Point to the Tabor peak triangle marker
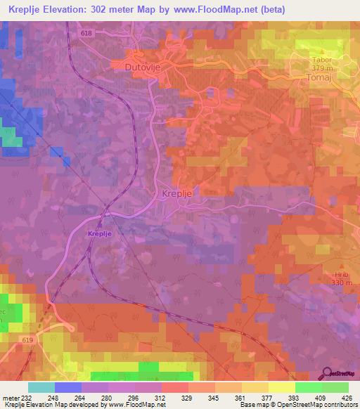tap(322, 51)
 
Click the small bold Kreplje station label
tap(101, 233)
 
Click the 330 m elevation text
tap(323, 283)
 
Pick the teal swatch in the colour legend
tap(41, 387)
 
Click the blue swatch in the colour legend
tap(68, 387)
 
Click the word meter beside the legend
tap(10, 398)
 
